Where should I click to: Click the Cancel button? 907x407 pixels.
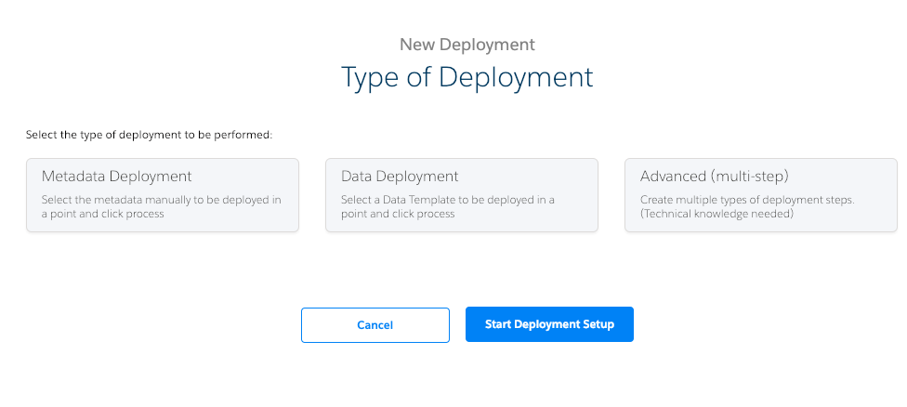pos(375,325)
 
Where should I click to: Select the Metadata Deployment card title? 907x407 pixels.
pos(116,176)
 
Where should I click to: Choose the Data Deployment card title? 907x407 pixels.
pos(400,176)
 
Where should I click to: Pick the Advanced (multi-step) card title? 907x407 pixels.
pos(715,176)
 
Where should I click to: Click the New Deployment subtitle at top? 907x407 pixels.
pos(467,44)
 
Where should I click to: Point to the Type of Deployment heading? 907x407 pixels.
pos(467,77)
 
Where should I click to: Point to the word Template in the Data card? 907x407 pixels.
pos(423,200)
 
